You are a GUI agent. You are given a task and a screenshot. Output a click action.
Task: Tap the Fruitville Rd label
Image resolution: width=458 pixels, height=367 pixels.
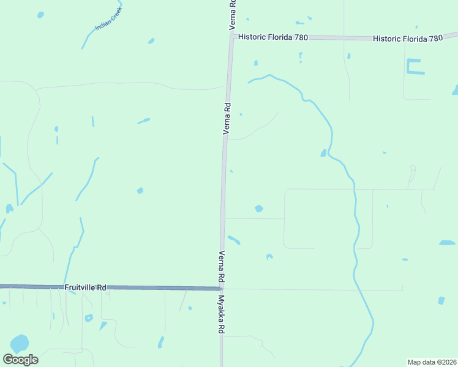pyautogui.click(x=86, y=287)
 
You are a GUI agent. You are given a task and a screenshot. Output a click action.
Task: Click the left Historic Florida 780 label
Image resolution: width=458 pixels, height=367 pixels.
pyautogui.click(x=273, y=37)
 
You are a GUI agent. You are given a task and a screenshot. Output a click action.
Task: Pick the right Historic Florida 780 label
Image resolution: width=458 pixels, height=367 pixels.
pyautogui.click(x=408, y=38)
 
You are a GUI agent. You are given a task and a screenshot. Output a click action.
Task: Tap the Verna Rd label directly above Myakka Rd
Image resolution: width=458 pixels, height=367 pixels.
pyautogui.click(x=221, y=267)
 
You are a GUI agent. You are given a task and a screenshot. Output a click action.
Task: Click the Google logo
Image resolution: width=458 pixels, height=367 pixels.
pyautogui.click(x=20, y=360)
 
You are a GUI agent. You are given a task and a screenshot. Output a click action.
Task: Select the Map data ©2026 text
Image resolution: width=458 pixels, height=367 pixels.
pyautogui.click(x=432, y=362)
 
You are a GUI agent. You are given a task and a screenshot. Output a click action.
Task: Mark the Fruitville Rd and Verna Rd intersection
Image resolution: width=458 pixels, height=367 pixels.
pyautogui.click(x=222, y=289)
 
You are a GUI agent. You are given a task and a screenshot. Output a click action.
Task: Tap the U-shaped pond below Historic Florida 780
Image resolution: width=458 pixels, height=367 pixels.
pyautogui.click(x=414, y=67)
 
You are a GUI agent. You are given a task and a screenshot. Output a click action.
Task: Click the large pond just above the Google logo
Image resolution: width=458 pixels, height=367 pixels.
pyautogui.click(x=19, y=343)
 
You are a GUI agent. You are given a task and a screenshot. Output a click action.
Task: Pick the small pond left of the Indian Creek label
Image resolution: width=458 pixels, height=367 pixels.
pyautogui.click(x=40, y=14)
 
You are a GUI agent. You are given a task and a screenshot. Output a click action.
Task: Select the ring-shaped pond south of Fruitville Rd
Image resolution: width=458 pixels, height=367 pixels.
pyautogui.click(x=89, y=318)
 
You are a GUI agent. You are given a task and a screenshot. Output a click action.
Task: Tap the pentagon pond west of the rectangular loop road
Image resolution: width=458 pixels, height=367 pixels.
pyautogui.click(x=258, y=209)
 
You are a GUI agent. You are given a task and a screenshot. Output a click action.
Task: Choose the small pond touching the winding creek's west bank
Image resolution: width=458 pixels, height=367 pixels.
pyautogui.click(x=323, y=153)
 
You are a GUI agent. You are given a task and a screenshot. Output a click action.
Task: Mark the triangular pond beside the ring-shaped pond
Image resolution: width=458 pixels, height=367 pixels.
pyautogui.click(x=103, y=326)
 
